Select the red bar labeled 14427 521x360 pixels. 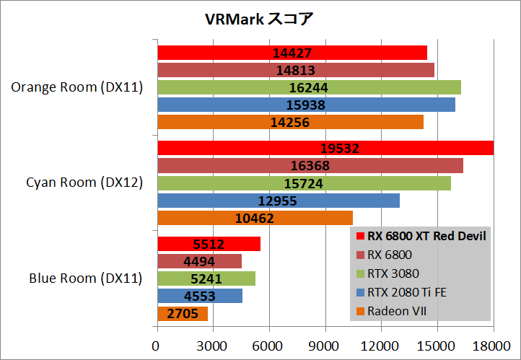(x=292, y=53)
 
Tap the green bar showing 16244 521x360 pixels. (x=309, y=87)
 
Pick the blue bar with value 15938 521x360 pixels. (x=306, y=105)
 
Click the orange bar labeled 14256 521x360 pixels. (x=290, y=122)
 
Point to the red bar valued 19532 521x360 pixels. (x=325, y=148)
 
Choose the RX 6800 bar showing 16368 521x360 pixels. (x=310, y=165)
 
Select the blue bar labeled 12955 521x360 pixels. (x=278, y=200)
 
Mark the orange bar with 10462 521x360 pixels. (x=255, y=217)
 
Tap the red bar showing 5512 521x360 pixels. (x=209, y=244)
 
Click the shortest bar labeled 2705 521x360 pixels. (x=182, y=313)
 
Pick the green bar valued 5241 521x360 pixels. (x=206, y=278)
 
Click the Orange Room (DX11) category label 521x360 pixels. (x=77, y=87)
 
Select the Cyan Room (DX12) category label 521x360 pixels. (x=84, y=183)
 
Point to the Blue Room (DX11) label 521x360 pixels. (x=85, y=278)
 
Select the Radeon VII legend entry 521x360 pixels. (x=398, y=311)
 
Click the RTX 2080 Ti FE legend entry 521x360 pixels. (x=409, y=292)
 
